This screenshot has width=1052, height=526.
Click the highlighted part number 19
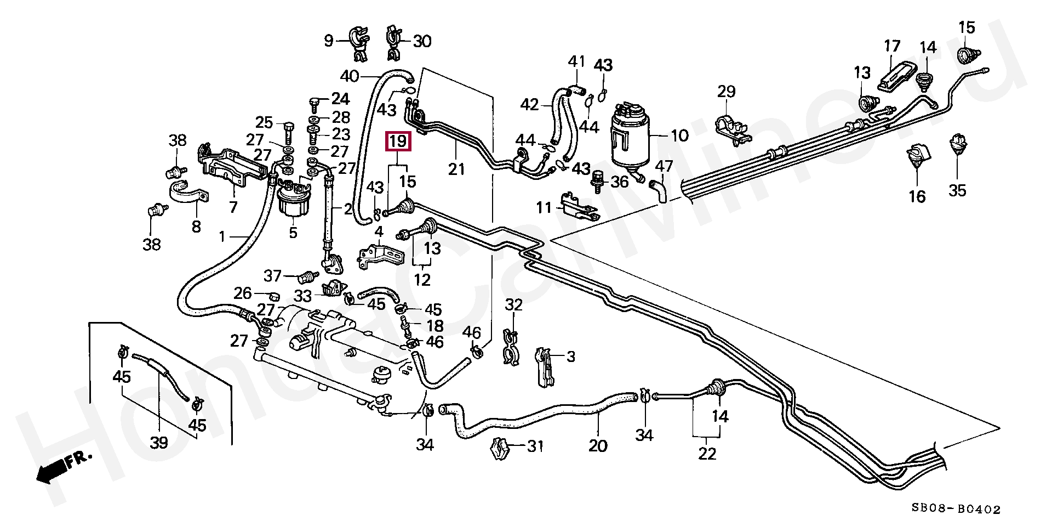pyautogui.click(x=398, y=142)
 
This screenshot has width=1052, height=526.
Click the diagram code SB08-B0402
pyautogui.click(x=956, y=510)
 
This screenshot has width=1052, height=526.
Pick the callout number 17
pyautogui.click(x=892, y=46)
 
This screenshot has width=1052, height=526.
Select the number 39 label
pyautogui.click(x=159, y=442)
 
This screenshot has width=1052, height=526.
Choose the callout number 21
pyautogui.click(x=456, y=169)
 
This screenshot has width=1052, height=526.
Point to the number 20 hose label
pyautogui.click(x=598, y=446)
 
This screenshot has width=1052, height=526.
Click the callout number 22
pyautogui.click(x=707, y=454)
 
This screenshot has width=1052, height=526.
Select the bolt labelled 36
pyautogui.click(x=598, y=182)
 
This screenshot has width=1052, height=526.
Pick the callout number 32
pyautogui.click(x=513, y=304)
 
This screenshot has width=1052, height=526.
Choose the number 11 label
pyautogui.click(x=544, y=208)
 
